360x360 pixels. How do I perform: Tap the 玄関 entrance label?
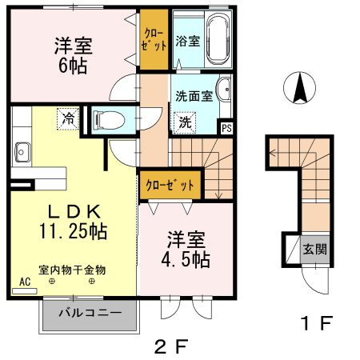tap(314, 249)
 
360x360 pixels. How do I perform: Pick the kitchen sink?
tap(22, 150)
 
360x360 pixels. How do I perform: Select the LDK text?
tap(72, 212)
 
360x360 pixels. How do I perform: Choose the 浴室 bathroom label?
tap(187, 39)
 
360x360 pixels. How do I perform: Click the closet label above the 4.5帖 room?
tap(170, 185)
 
